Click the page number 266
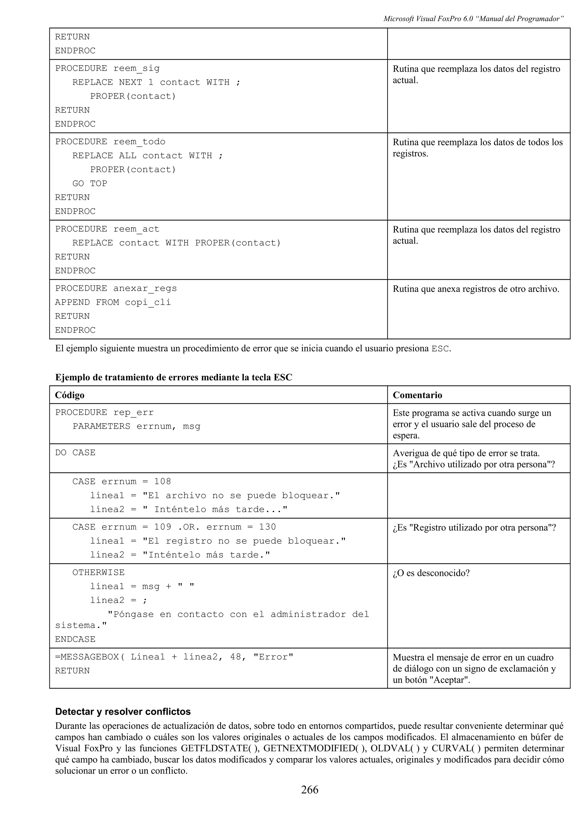pyautogui.click(x=310, y=789)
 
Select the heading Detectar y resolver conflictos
pyautogui.click(x=123, y=712)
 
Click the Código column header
pyautogui.click(x=69, y=395)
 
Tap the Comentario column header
pyautogui.click(x=417, y=395)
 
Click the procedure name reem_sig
pyautogui.click(x=136, y=68)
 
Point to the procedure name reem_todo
pyautogui.click(x=139, y=142)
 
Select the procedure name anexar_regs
pyautogui.click(x=145, y=288)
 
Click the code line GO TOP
pyautogui.click(x=90, y=183)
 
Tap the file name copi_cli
pyautogui.click(x=148, y=303)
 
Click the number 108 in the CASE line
pyautogui.click(x=162, y=482)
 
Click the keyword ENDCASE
pyautogui.click(x=75, y=639)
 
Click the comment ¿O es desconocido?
pyautogui.click(x=431, y=573)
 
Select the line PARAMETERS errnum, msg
pyautogui.click(x=136, y=427)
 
